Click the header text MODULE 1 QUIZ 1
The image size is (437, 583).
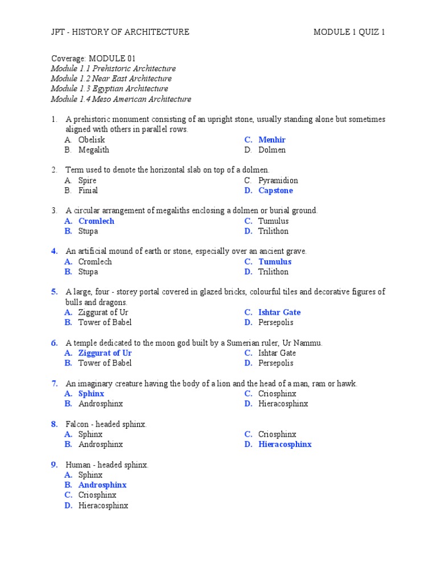[x=349, y=32]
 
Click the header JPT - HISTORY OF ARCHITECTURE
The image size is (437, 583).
[x=120, y=32]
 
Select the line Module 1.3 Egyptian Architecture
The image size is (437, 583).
[x=109, y=89]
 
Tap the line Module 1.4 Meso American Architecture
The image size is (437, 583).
[x=121, y=99]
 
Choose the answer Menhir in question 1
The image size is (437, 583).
[x=272, y=140]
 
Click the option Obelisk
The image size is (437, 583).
[x=92, y=140]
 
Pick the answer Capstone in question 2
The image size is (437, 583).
[x=275, y=191]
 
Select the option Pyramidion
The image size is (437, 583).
[x=278, y=180]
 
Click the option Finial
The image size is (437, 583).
[x=88, y=191]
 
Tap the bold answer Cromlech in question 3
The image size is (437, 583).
[x=96, y=221]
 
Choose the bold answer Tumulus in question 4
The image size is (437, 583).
[x=275, y=262]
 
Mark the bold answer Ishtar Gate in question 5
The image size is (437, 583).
[x=279, y=313]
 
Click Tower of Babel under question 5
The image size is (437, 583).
[x=105, y=323]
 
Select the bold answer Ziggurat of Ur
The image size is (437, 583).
[x=105, y=353]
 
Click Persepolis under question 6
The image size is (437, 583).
[x=276, y=363]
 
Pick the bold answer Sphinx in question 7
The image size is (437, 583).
[x=91, y=393]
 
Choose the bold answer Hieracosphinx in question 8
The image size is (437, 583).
[x=285, y=445]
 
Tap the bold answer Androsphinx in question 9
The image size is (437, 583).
[x=102, y=485]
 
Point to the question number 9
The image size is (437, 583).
[x=55, y=465]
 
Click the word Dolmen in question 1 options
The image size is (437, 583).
[x=272, y=150]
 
